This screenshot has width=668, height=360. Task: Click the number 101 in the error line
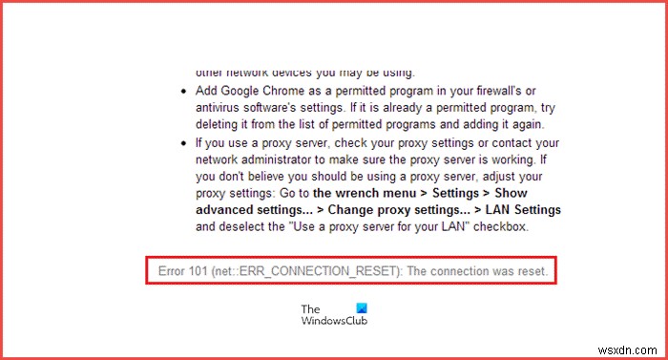click(205, 271)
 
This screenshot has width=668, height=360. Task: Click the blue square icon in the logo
click(360, 308)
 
